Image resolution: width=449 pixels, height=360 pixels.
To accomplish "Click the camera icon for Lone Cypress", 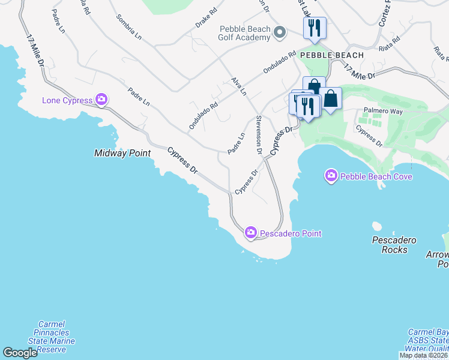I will tap(101, 100).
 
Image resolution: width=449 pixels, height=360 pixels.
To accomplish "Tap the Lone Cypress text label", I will tap(67, 100).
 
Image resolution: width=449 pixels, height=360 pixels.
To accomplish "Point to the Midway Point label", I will tap(122, 153).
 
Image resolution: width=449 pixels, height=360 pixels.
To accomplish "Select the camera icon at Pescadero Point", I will tap(250, 233).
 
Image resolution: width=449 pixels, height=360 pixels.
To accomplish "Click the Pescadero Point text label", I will tap(291, 233).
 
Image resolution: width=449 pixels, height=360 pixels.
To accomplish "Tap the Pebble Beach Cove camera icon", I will tap(331, 176).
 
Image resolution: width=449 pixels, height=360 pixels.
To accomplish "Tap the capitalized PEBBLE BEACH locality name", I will tap(332, 55).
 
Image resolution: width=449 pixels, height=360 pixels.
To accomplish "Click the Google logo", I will tap(20, 353).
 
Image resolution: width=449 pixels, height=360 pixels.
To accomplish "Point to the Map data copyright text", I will tap(424, 355).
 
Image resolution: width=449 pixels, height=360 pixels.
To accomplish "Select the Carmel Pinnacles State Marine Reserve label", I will tap(55, 337).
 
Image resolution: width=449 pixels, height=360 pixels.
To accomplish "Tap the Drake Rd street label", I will tap(205, 20).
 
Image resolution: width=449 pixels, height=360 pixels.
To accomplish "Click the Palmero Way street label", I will tap(383, 111).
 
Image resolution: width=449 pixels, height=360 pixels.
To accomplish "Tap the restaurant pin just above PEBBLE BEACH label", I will tap(314, 28).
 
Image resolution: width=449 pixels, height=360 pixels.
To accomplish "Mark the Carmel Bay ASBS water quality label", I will tap(429, 340).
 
